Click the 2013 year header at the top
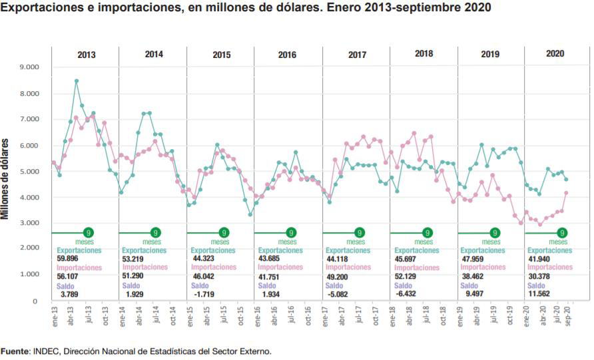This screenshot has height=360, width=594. pyautogui.click(x=86, y=55)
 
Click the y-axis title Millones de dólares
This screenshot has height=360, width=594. pyautogui.click(x=6, y=179)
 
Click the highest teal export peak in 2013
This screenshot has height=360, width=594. pyautogui.click(x=77, y=81)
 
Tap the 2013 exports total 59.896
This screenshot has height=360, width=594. pyautogui.click(x=69, y=259)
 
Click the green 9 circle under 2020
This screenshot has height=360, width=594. pyautogui.click(x=563, y=233)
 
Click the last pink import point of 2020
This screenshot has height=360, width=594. pyautogui.click(x=566, y=193)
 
